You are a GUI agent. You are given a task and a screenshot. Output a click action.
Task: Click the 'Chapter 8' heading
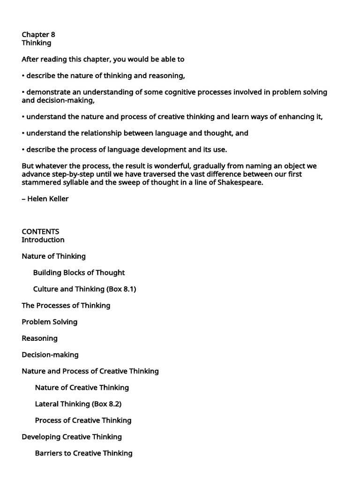pyautogui.click(x=38, y=35)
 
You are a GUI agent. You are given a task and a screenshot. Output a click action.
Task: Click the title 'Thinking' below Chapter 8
pyautogui.click(x=37, y=43)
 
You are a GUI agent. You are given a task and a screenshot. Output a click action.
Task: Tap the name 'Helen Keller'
pyautogui.click(x=48, y=199)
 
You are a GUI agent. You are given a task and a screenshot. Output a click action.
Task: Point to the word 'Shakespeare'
pyautogui.click(x=240, y=182)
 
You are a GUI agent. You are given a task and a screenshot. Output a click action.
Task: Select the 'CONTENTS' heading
pyautogui.click(x=40, y=232)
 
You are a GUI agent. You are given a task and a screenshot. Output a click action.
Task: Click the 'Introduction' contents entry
pyautogui.click(x=43, y=240)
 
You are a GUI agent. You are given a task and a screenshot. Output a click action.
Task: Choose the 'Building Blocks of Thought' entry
pyautogui.click(x=79, y=273)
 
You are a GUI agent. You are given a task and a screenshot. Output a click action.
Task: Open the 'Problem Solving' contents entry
pyautogui.click(x=50, y=322)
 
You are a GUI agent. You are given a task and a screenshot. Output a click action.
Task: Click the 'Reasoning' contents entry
pyautogui.click(x=40, y=338)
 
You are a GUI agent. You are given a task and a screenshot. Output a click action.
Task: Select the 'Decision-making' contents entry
pyautogui.click(x=50, y=355)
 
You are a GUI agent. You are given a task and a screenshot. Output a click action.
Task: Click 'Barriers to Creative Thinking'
pyautogui.click(x=83, y=453)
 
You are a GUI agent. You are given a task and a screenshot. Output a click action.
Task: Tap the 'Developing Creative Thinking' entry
pyautogui.click(x=72, y=437)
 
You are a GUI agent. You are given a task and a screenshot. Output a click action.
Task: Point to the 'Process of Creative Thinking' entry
pyautogui.click(x=83, y=420)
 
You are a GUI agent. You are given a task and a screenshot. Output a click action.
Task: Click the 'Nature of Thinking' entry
pyautogui.click(x=54, y=256)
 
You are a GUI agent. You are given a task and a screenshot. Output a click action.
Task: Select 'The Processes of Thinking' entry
pyautogui.click(x=66, y=306)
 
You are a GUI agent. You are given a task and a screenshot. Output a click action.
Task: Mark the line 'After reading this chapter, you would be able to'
pyautogui.click(x=103, y=60)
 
